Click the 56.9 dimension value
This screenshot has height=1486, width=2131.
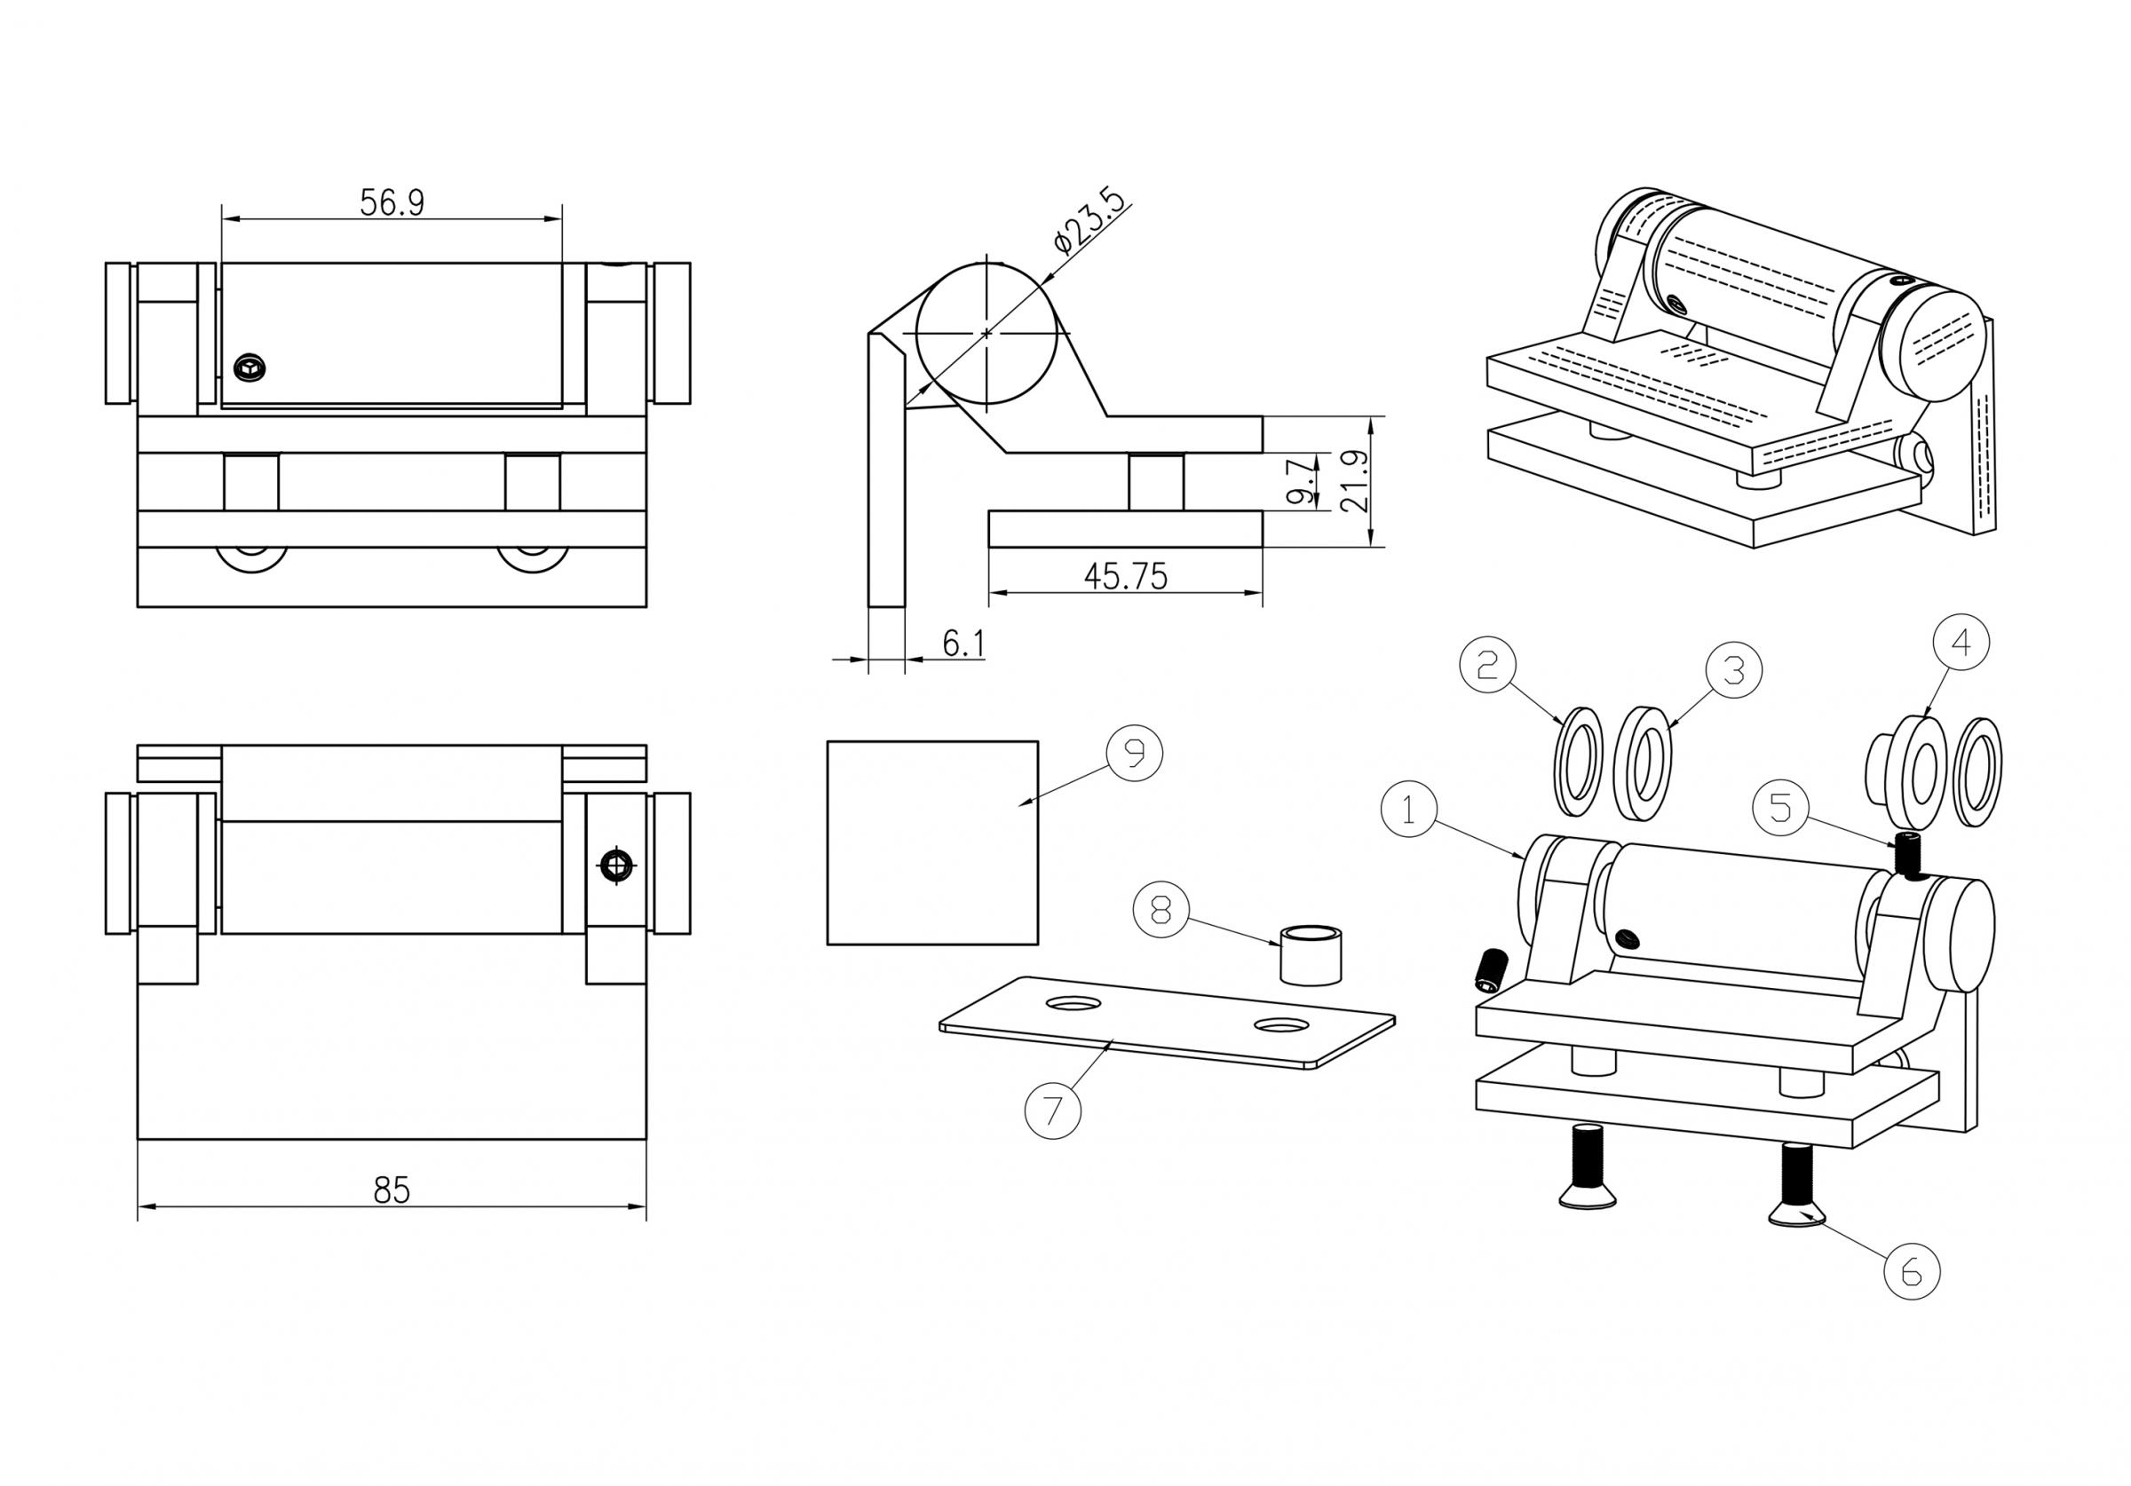[x=392, y=202]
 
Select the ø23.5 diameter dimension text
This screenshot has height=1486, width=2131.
[x=1089, y=221]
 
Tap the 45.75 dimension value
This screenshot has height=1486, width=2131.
[x=1125, y=577]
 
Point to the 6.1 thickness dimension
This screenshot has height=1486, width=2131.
[x=963, y=644]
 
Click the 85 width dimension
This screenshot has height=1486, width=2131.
[x=391, y=1189]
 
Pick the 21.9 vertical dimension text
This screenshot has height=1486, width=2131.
[x=1356, y=482]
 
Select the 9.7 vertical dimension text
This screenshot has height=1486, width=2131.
[x=1303, y=481]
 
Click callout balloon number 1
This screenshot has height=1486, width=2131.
[x=1408, y=810]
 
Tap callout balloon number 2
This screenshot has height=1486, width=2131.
[x=1487, y=665]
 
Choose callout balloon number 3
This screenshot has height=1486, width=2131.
[x=1734, y=669]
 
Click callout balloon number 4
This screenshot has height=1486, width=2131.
[x=1961, y=643]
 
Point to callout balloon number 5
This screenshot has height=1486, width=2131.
[x=1780, y=808]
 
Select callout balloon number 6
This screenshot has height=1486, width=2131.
[x=1912, y=1270]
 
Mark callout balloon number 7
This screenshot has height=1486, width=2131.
[x=1052, y=1111]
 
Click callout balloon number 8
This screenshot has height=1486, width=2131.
[x=1161, y=910]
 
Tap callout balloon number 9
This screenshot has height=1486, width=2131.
[x=1134, y=752]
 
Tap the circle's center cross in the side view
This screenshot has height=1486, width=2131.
[x=986, y=332]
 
